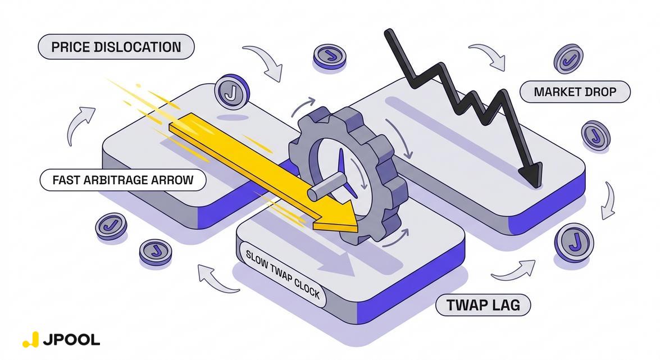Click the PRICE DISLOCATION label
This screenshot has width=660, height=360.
click(x=116, y=47)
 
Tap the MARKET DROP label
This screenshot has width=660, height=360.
click(x=575, y=92)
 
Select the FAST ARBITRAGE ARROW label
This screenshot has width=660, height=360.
click(x=122, y=180)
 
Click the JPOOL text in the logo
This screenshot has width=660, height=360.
click(x=72, y=339)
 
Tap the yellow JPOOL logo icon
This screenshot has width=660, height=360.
click(x=31, y=339)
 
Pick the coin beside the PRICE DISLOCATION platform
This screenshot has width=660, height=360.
click(x=231, y=91)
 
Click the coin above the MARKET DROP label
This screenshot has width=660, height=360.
click(x=568, y=60)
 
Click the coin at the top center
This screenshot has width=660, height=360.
click(x=329, y=57)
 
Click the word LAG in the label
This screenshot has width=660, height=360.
click(x=506, y=306)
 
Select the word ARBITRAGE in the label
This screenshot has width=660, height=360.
click(x=123, y=180)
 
